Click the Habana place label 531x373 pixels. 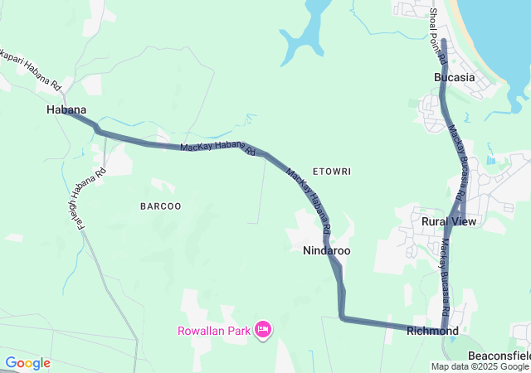66,109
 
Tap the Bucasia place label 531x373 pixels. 454,77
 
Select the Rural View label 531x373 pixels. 449,221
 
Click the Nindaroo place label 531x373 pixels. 326,249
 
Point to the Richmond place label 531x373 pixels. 432,331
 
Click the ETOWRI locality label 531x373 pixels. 332,172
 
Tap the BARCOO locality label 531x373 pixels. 160,206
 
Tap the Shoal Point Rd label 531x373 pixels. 437,37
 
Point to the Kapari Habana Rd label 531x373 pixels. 32,70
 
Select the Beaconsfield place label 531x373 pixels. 499,355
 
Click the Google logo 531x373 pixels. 27,363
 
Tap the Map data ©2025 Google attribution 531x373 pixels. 480,366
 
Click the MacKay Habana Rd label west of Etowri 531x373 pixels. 217,148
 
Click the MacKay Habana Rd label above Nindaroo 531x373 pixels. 309,199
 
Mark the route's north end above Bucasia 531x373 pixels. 444,41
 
